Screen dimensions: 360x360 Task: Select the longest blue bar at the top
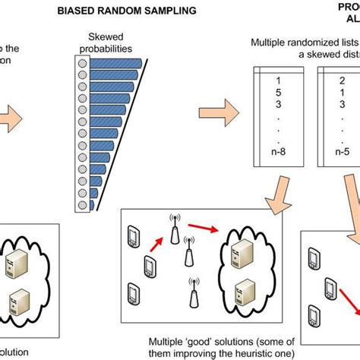coord(118,63)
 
